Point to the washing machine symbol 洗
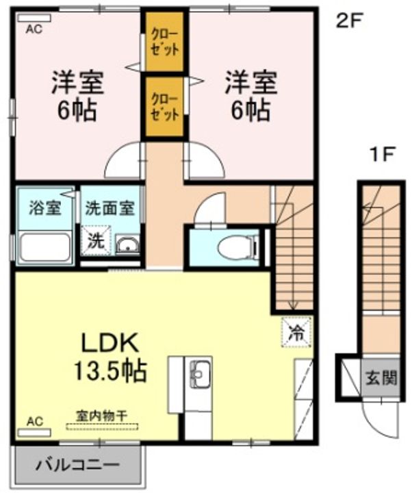click(96, 240)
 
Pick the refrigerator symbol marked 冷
click(296, 332)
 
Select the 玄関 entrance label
click(381, 378)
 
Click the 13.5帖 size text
click(110, 371)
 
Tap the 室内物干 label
click(101, 416)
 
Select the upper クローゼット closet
click(164, 42)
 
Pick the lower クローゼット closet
click(164, 107)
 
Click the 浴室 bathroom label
click(45, 208)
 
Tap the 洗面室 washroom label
click(110, 208)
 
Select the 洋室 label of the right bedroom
click(250, 83)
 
